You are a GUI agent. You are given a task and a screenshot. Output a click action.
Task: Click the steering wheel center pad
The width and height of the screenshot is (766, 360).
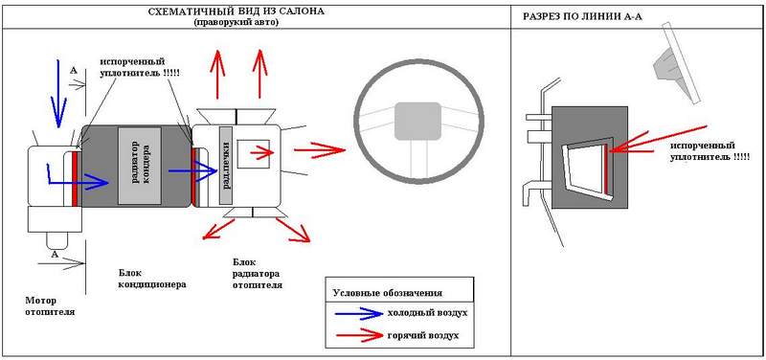[418, 121]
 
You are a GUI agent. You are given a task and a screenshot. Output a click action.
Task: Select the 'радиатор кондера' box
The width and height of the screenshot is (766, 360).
[139, 166]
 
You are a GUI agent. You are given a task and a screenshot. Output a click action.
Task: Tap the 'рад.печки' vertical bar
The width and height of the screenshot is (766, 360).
[226, 165]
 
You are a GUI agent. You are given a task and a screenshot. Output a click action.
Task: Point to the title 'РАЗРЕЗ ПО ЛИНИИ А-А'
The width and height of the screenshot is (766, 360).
[582, 16]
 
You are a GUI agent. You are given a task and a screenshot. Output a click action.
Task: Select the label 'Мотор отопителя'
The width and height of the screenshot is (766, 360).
[50, 305]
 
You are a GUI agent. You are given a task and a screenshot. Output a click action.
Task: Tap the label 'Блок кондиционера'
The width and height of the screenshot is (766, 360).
[152, 278]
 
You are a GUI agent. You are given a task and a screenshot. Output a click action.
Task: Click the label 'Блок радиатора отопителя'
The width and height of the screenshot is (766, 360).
[257, 274]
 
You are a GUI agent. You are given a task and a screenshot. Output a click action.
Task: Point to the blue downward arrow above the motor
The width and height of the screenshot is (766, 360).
[58, 93]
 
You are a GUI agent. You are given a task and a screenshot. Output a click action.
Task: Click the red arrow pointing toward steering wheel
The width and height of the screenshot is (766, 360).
[320, 150]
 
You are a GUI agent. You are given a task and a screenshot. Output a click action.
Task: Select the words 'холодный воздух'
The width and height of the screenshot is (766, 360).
[427, 313]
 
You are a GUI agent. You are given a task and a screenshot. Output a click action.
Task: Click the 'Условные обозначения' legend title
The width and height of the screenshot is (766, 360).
[387, 293]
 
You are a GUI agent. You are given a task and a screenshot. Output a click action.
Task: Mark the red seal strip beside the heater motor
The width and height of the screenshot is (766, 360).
[76, 179]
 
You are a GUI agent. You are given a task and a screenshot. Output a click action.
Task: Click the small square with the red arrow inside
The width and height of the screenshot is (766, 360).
[253, 154]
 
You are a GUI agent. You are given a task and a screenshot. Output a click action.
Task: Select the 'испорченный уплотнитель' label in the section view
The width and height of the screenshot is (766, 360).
[710, 151]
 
